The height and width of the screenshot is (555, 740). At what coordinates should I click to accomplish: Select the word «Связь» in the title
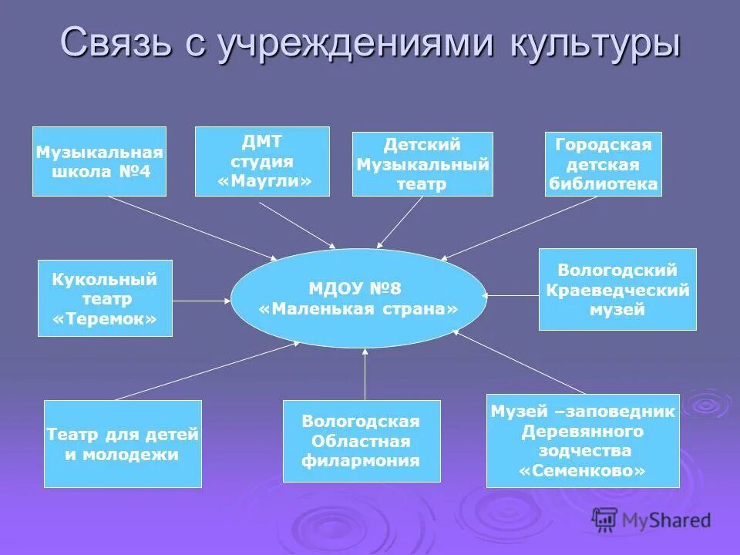tap(116, 42)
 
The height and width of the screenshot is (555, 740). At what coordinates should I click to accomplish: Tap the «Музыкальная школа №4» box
tap(99, 161)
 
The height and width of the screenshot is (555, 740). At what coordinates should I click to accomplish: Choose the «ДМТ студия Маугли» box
tap(262, 161)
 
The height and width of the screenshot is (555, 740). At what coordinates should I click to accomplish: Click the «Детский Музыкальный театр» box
tap(422, 163)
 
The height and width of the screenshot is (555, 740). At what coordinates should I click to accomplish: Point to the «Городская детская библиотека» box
tap(603, 164)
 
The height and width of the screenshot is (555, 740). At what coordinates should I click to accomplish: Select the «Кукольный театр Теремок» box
tap(105, 298)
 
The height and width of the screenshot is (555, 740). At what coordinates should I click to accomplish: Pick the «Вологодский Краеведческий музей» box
tap(617, 290)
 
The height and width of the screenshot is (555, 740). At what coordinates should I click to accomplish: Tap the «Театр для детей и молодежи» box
tap(123, 444)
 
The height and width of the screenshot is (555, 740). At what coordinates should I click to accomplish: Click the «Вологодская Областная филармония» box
tap(361, 441)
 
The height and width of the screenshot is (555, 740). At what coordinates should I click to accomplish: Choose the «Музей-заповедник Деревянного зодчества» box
tap(583, 440)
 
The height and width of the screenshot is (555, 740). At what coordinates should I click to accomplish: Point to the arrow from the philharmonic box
tap(365, 375)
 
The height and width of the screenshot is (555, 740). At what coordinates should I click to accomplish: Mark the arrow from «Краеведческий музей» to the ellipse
tap(513, 294)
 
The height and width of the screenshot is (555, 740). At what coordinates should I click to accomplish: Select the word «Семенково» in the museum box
tap(583, 470)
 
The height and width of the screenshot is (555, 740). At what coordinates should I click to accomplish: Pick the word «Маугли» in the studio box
tap(265, 181)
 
